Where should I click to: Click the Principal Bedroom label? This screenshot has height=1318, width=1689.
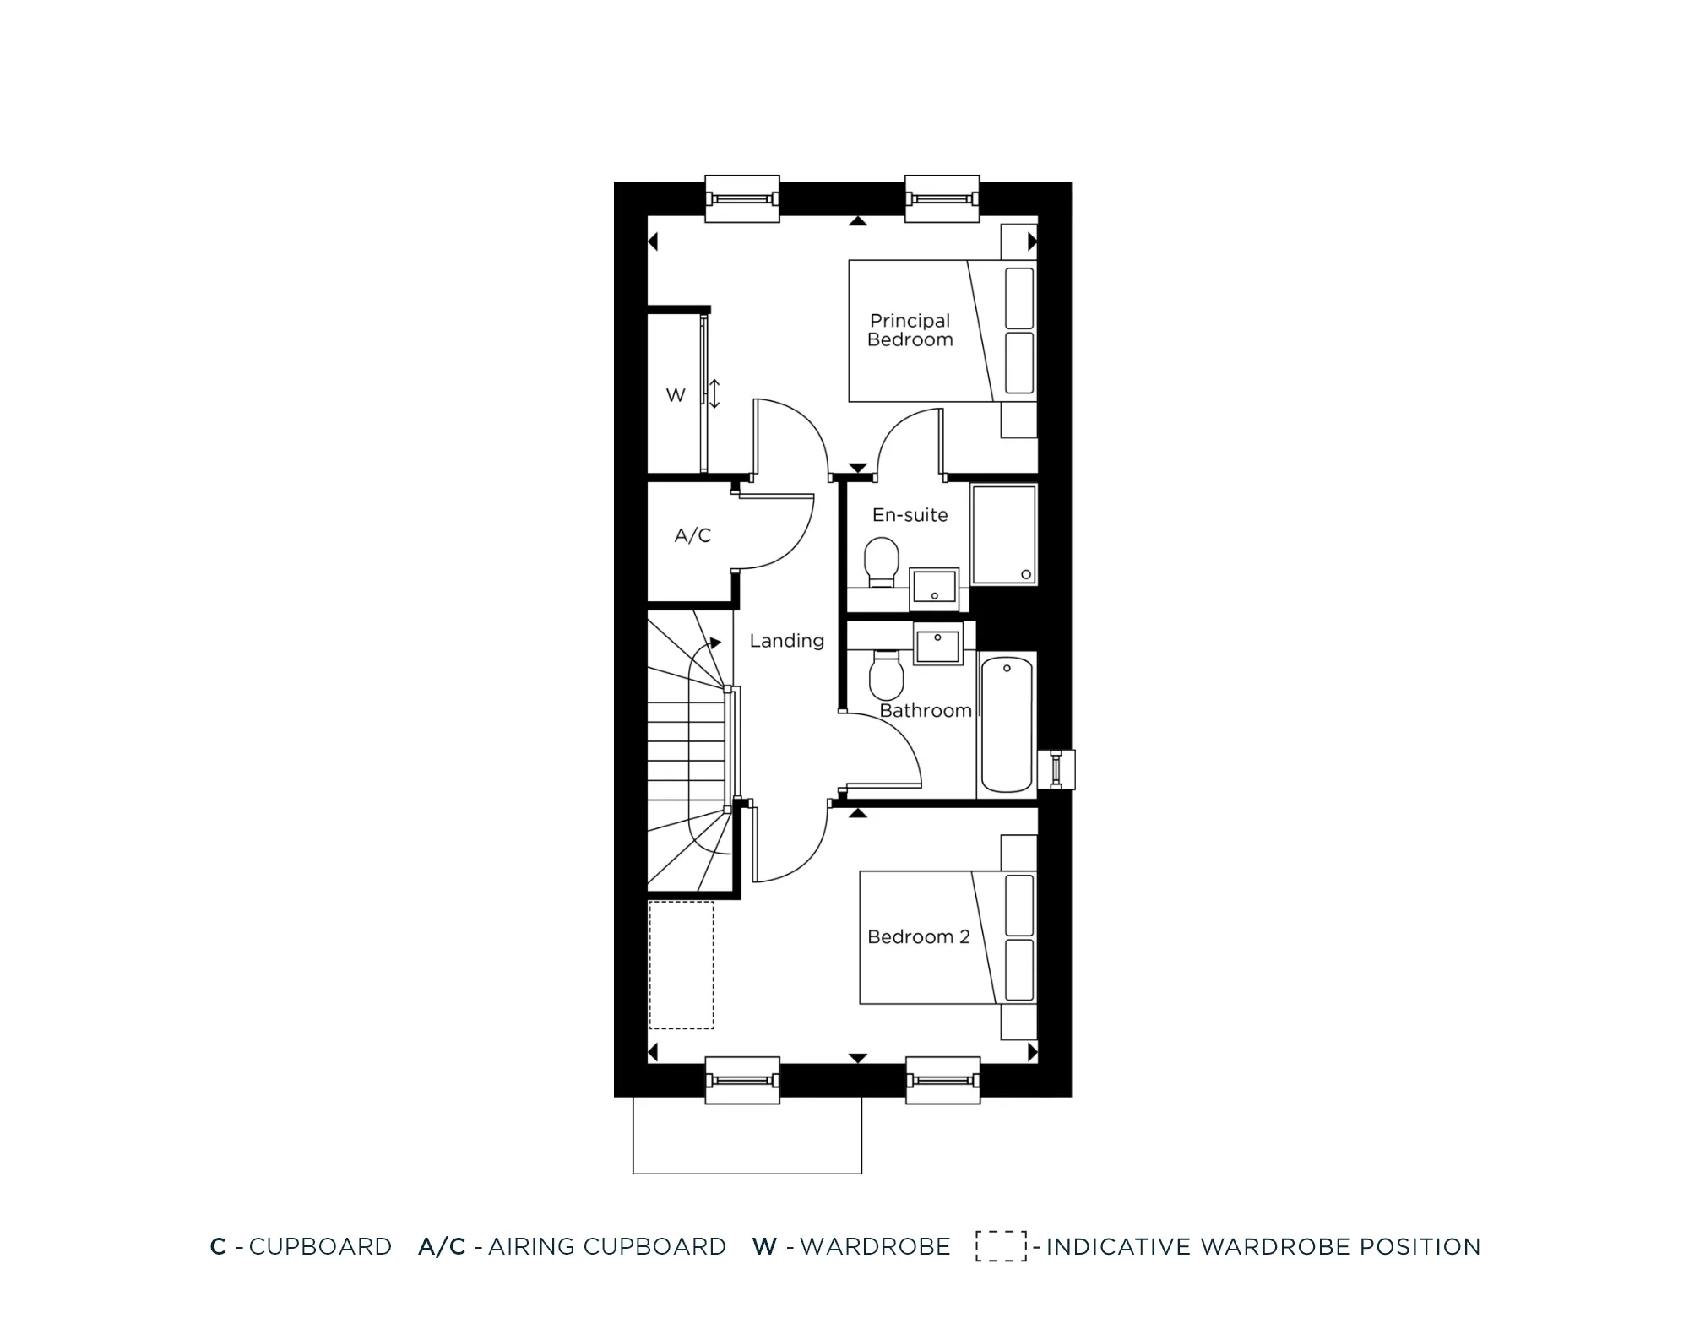[x=910, y=330]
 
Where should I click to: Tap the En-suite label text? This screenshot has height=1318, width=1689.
[x=910, y=515]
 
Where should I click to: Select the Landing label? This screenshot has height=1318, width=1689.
[x=786, y=641]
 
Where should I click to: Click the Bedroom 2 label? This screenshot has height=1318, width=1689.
[x=918, y=936]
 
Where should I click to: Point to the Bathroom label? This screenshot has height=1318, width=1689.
[x=925, y=711]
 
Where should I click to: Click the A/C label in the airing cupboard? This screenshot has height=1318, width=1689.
[x=692, y=535]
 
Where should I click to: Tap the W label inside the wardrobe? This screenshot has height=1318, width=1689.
[x=676, y=395]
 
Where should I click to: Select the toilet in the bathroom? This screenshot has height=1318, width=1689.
[x=886, y=675]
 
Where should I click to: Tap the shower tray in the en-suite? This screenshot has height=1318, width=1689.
[x=1003, y=534]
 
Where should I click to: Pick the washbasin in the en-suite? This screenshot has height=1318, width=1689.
[x=934, y=588]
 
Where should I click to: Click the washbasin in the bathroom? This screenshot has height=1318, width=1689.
[x=938, y=646]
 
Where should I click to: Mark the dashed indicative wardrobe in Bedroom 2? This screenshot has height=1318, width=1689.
[x=681, y=965]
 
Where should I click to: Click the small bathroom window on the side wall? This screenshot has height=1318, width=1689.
[x=1056, y=769]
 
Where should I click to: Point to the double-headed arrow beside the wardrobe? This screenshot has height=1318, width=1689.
[x=714, y=393]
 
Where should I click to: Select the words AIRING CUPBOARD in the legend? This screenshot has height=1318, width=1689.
[x=606, y=1246]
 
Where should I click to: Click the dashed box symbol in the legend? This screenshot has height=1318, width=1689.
[x=1001, y=1246]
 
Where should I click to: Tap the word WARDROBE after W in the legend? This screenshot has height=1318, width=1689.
[x=875, y=1246]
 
